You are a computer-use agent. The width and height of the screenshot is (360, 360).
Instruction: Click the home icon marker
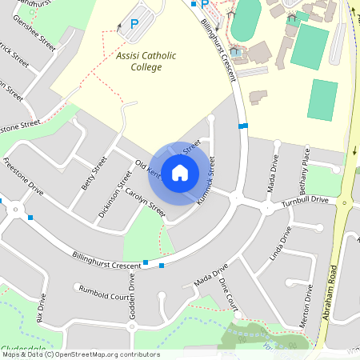pos(180,172)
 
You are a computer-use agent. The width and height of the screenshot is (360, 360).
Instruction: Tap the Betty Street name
pos(93,173)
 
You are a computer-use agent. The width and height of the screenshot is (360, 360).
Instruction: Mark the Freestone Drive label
pos(23,176)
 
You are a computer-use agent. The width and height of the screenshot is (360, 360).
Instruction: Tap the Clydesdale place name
pos(22,347)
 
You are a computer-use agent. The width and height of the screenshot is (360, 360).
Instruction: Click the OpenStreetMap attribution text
pos(80,354)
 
